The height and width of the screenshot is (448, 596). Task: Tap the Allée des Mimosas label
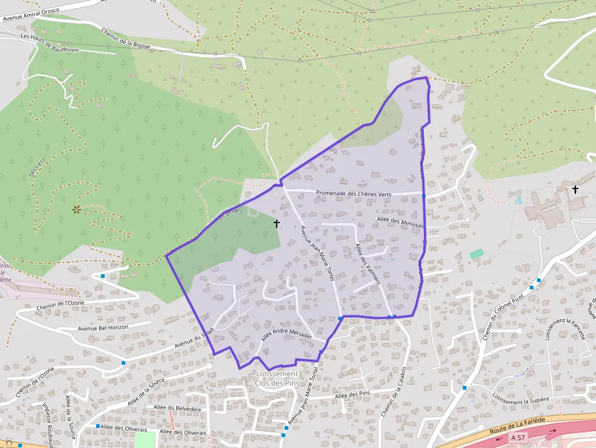coord(400,222)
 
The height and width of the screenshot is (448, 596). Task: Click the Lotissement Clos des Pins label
coord(277,378)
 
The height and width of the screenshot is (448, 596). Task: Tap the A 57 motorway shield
coord(518,437)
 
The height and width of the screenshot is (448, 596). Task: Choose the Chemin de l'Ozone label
coord(60,303)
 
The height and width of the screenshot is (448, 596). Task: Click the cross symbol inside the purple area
coord(277,224)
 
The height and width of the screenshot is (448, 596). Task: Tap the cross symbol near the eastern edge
coord(575,190)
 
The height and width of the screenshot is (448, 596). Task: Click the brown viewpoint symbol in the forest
coord(77,210)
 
